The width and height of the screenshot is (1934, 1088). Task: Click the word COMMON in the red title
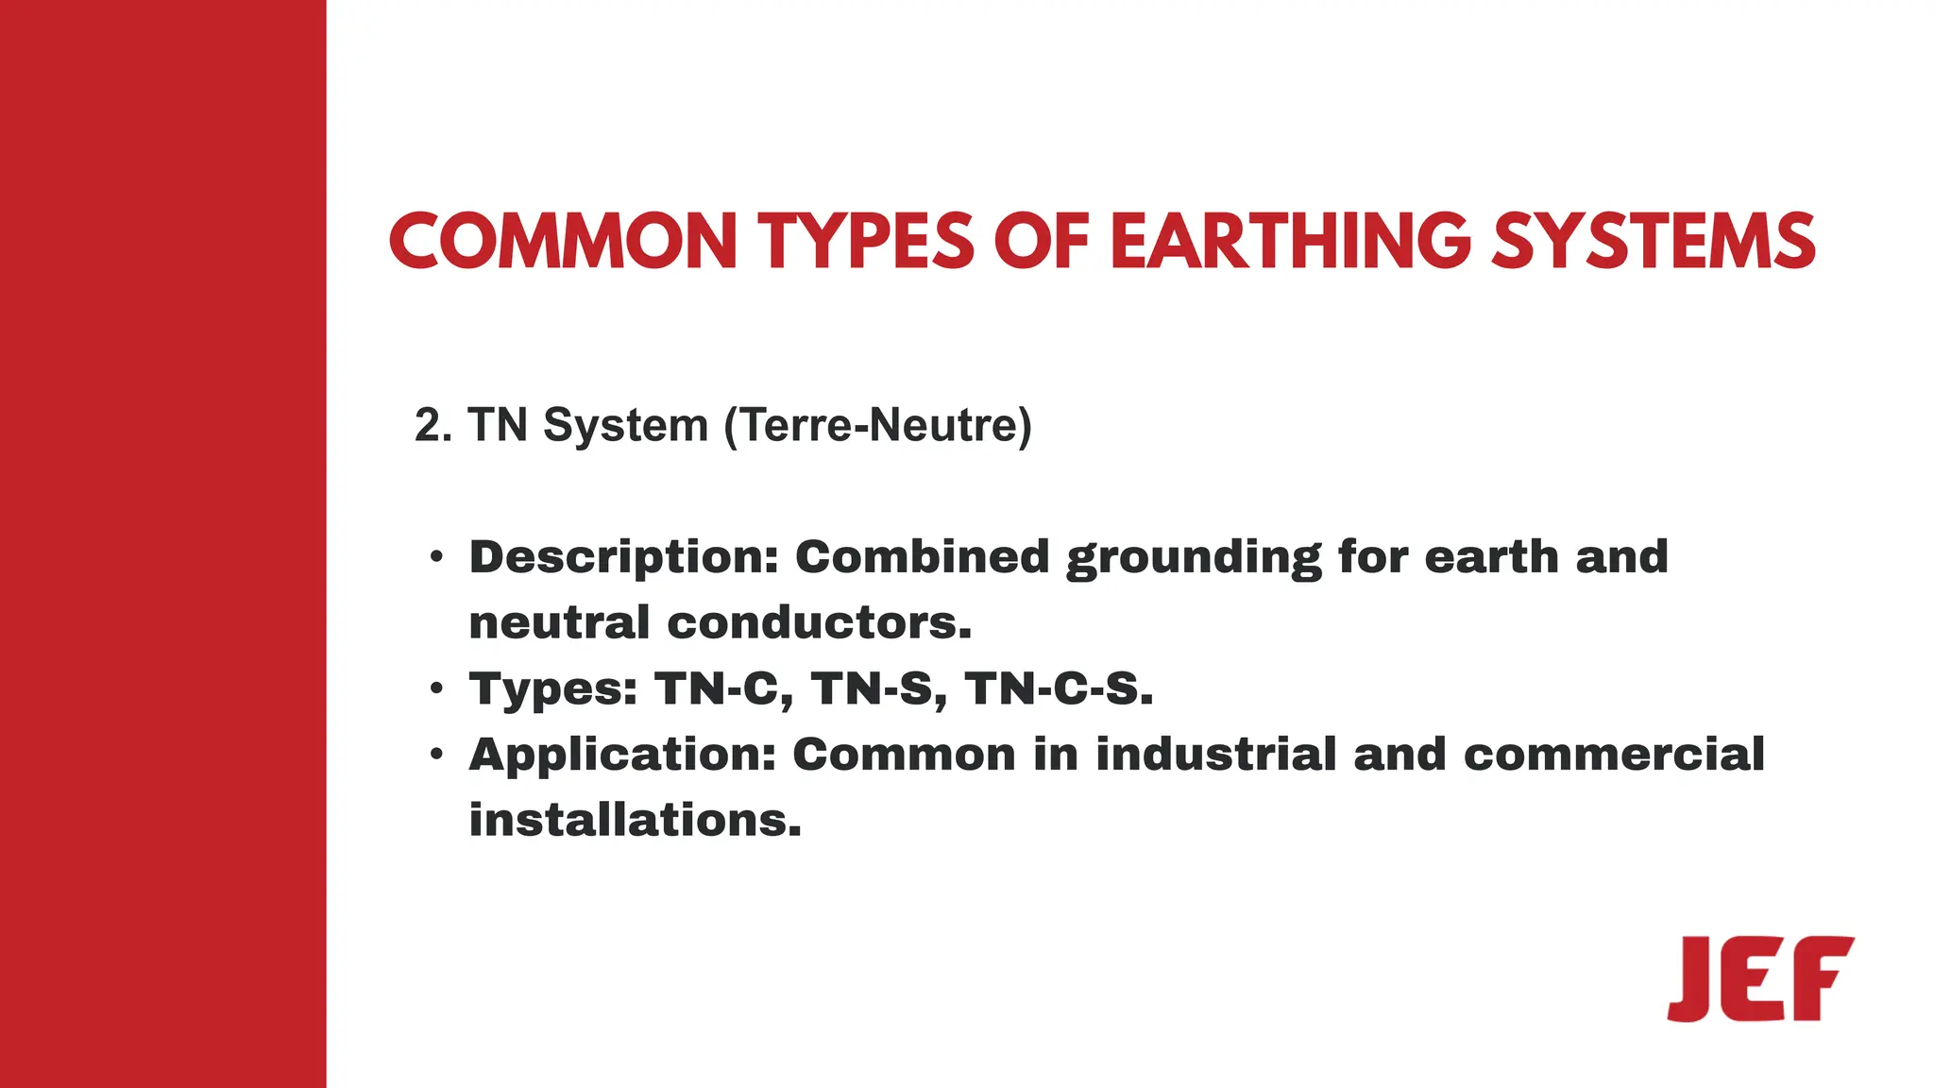[x=563, y=241]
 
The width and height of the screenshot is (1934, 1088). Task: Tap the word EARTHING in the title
[x=1290, y=241]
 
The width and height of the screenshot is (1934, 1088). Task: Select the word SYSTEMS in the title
[x=1654, y=241]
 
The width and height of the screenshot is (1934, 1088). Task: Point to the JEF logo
[x=1760, y=978]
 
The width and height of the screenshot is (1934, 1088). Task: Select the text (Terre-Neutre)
[x=877, y=425]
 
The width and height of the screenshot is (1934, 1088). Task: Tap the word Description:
[x=623, y=557]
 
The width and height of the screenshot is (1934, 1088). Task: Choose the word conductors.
[x=819, y=623]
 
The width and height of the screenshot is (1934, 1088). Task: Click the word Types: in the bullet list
[x=553, y=689]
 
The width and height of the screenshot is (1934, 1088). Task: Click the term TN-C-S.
[x=1059, y=689]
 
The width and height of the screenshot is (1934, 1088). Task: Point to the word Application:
[x=622, y=756]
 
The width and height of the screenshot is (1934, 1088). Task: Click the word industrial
[x=1215, y=755]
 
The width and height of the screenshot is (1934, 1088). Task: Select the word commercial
[x=1614, y=755]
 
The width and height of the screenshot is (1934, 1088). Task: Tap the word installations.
[x=635, y=820]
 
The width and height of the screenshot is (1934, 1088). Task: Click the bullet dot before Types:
[x=435, y=688]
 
